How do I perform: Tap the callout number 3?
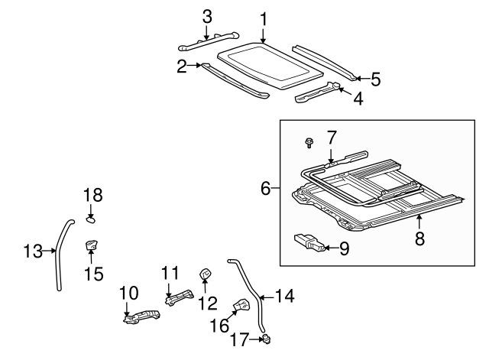[x=206, y=15]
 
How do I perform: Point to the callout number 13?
[x=34, y=249]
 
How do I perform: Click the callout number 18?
[x=92, y=196]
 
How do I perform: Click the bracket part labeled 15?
[x=92, y=246]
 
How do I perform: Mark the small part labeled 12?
[x=206, y=274]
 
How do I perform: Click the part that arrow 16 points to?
[x=241, y=306]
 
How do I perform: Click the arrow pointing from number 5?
[x=361, y=77]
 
